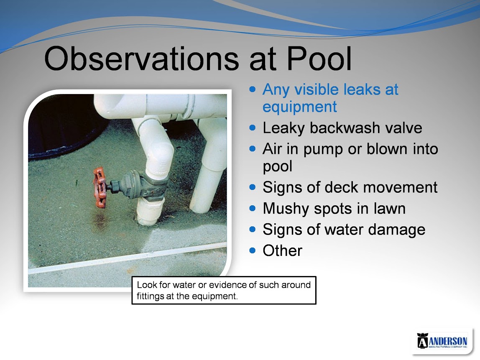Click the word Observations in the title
point(141,59)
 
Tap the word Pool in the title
point(319,59)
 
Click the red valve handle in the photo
point(100,187)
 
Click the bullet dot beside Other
point(252,250)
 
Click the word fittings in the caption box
point(150,296)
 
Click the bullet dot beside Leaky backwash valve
point(252,128)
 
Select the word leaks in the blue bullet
point(362,89)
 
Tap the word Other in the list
point(282,251)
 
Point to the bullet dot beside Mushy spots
point(252,208)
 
